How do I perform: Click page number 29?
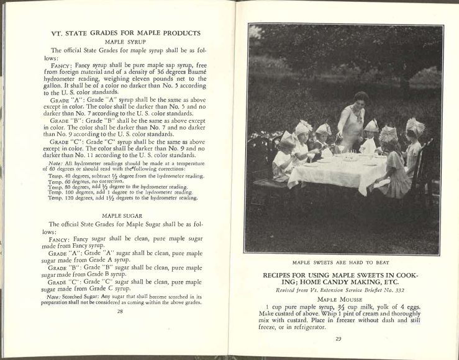click(339, 338)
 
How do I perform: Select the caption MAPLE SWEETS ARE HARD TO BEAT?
click(339, 263)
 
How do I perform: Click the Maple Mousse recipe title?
click(339, 300)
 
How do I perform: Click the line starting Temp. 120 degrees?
click(122, 198)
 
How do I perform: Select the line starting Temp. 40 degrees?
click(122, 176)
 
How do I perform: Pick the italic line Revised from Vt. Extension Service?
click(339, 290)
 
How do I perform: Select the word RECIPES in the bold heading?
click(280, 275)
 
